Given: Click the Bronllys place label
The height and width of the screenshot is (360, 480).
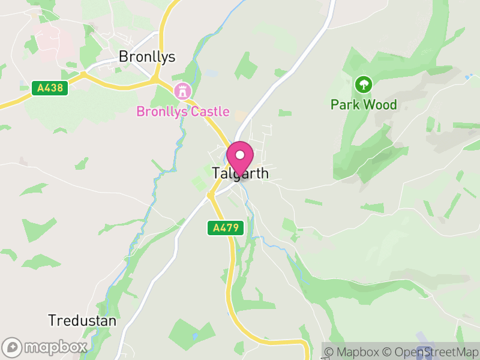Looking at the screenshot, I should [x=147, y=57].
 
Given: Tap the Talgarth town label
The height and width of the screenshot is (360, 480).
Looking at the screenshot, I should [x=240, y=173].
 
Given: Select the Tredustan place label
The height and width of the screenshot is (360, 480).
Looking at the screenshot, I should [x=82, y=320].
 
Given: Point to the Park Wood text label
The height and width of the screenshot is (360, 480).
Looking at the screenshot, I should [x=364, y=105].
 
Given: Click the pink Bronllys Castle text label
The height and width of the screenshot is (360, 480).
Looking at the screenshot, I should [x=183, y=112].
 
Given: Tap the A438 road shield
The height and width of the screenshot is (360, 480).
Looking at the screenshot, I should [x=50, y=88].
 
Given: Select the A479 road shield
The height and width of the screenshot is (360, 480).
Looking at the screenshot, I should [x=226, y=227].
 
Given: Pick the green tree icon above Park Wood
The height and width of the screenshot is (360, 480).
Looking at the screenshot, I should [x=363, y=84].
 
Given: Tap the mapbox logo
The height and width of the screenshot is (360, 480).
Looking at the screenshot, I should [x=45, y=347].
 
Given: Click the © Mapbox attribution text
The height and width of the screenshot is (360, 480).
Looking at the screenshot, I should [x=354, y=352].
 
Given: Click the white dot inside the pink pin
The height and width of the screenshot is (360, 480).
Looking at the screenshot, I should [x=240, y=155].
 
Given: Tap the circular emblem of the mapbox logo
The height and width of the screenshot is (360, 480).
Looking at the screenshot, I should [x=13, y=347].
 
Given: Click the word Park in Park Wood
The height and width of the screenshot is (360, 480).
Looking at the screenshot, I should [x=344, y=105].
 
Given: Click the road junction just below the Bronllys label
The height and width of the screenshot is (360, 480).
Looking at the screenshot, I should [x=155, y=78].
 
